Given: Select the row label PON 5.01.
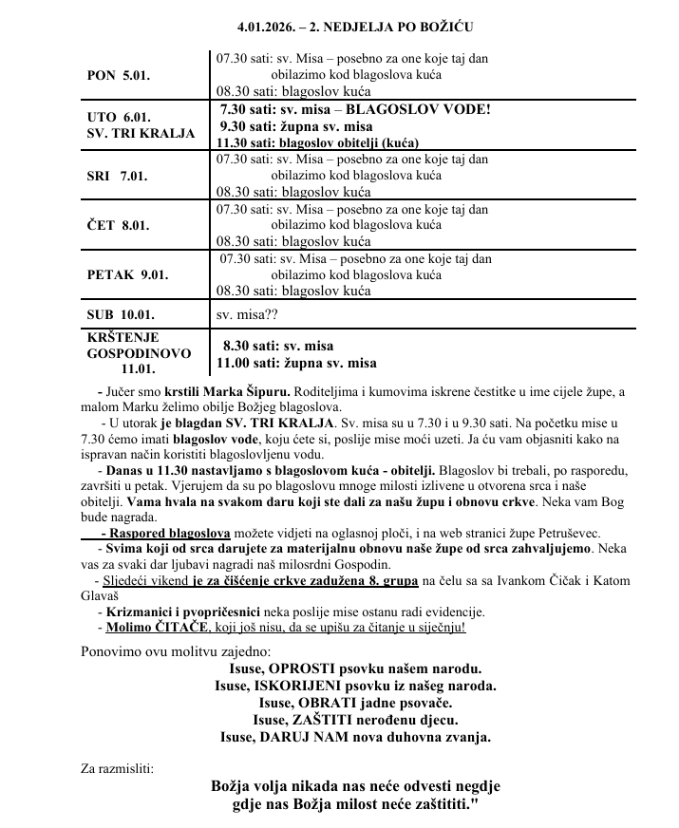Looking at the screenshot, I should pos(118,74).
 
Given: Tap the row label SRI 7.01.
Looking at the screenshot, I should pos(118,178).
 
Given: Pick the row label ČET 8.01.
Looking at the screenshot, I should pos(119,225).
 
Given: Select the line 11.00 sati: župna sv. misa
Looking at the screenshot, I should pos(296,363).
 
